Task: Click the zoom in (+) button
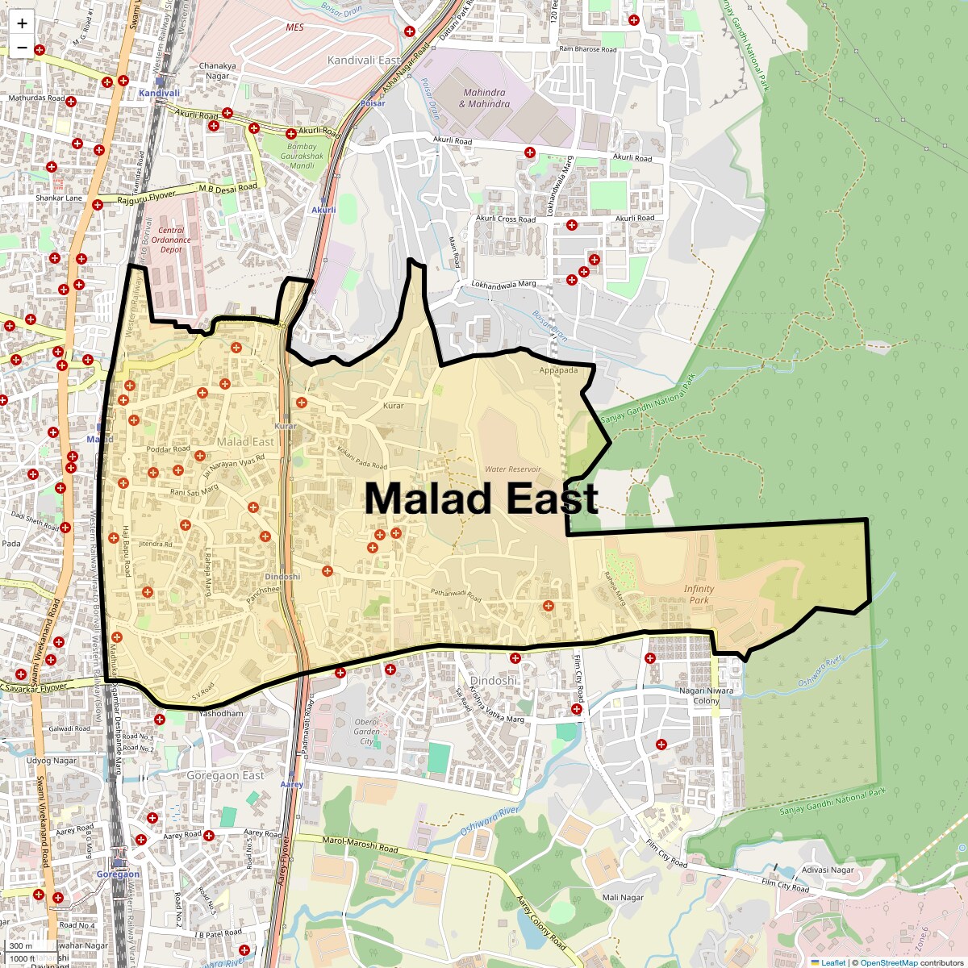point(22,23)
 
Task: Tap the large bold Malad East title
point(481,498)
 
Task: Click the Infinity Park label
point(699,594)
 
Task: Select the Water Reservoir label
point(512,469)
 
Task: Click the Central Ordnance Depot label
point(171,240)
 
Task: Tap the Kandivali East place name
point(363,60)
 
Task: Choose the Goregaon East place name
point(225,775)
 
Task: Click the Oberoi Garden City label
point(366,732)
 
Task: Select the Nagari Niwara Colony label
point(706,695)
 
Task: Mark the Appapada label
point(559,370)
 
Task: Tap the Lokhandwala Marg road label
point(503,285)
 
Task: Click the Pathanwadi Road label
point(456,596)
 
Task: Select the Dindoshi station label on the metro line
point(282,577)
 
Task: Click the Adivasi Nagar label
point(828,870)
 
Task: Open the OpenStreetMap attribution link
point(888,962)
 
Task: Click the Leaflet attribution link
point(833,962)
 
